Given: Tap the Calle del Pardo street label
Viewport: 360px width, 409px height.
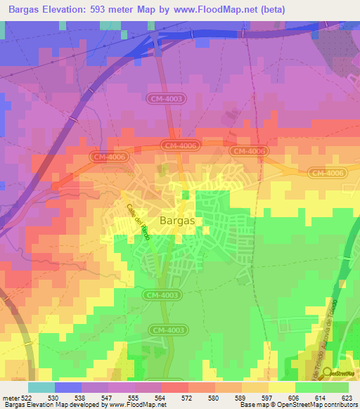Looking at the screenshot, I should coord(138,221).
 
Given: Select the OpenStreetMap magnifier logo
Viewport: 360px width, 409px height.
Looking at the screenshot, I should coord(328,373).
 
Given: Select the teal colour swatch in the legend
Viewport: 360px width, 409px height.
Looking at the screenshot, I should coord(41,387).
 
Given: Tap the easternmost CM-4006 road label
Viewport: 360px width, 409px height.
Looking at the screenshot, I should coord(328,172).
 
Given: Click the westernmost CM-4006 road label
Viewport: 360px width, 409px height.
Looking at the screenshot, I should coord(108,157).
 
